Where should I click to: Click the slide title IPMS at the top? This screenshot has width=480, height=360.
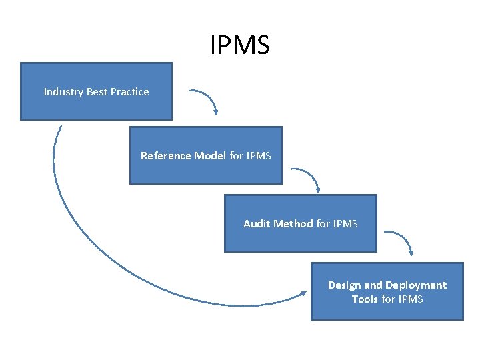[x=240, y=45]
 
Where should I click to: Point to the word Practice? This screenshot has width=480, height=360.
[x=130, y=92]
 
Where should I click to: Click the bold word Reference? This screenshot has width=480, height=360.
[x=166, y=156]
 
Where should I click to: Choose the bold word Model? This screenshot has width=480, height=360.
[x=210, y=156]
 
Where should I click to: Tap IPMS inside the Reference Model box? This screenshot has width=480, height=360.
[x=259, y=156]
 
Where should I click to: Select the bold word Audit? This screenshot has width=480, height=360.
[x=257, y=224]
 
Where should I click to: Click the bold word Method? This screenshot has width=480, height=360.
[x=293, y=224]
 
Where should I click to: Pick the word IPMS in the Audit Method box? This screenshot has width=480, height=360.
[x=345, y=224]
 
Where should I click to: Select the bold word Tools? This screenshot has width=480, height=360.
[x=365, y=299]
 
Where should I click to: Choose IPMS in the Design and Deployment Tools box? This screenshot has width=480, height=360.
[x=411, y=299]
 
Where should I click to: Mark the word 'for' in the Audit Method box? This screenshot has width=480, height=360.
[x=323, y=224]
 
